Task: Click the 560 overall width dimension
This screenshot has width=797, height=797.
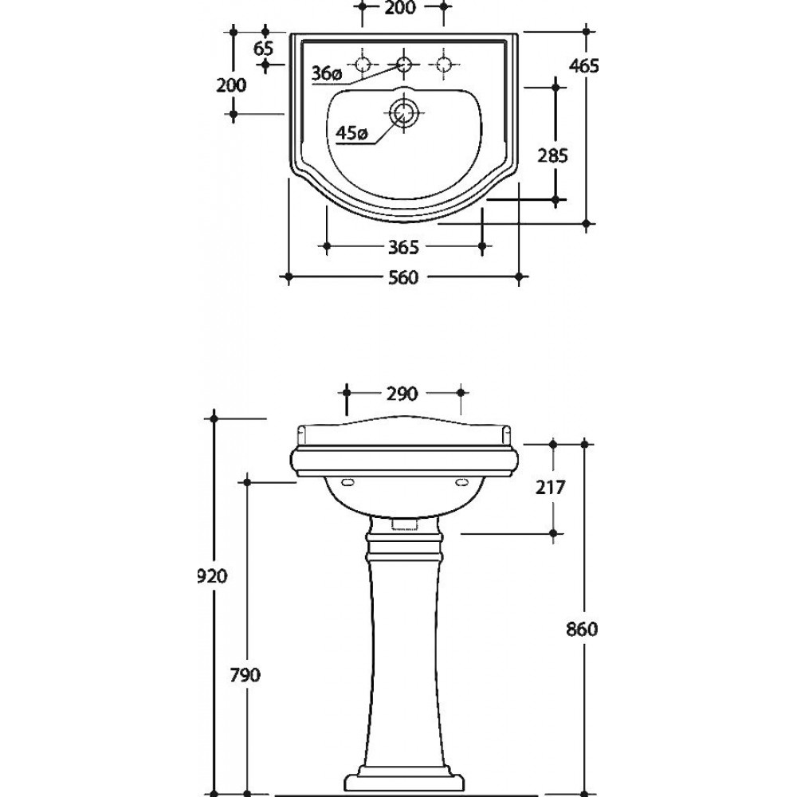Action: [x=403, y=277]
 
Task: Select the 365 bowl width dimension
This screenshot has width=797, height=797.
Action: [x=403, y=247]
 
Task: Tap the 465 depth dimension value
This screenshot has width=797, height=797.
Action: [x=584, y=66]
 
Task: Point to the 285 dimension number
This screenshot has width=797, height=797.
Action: [x=552, y=155]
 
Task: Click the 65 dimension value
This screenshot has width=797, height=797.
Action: [x=263, y=49]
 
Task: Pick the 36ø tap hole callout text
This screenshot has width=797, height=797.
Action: [x=326, y=73]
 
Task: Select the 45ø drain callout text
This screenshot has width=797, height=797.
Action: [x=351, y=134]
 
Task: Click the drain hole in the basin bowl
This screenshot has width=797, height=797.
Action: [x=403, y=112]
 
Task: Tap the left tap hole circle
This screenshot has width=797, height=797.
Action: [x=363, y=65]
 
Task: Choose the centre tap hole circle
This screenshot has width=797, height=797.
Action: [x=403, y=65]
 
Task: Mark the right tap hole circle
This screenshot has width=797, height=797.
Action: [x=444, y=65]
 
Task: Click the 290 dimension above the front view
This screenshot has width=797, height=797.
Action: [x=402, y=394]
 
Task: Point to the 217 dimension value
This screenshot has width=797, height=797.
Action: [x=551, y=488]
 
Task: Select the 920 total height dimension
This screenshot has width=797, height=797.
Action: [x=212, y=576]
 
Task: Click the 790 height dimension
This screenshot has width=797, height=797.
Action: [x=245, y=675]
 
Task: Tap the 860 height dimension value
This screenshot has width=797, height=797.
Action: [x=582, y=630]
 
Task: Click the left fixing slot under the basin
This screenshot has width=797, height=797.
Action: [x=348, y=482]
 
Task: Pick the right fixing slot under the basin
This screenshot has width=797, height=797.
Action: [x=462, y=482]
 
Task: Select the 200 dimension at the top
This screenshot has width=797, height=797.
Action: [x=400, y=8]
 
